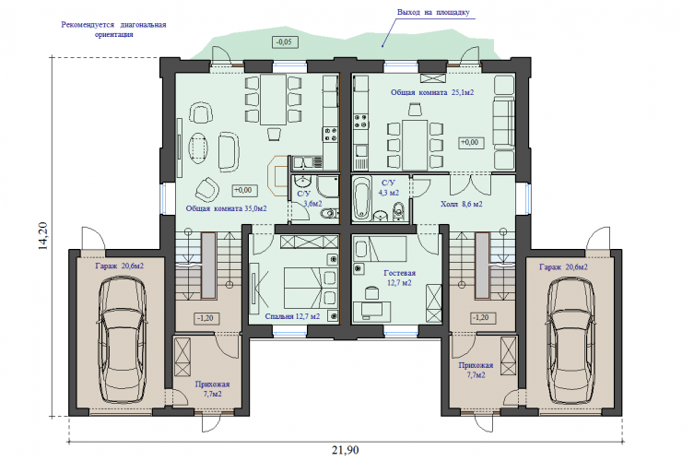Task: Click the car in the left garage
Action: point(122,338)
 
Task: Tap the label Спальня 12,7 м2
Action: point(292,316)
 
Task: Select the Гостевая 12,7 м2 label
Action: point(399,278)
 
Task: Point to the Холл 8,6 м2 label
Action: point(461,204)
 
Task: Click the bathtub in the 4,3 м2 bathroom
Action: point(361,198)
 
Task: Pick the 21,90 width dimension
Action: point(346,450)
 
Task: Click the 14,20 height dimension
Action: point(43,236)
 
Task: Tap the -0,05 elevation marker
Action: point(284,42)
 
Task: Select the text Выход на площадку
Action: point(433,12)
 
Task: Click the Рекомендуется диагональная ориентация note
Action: point(113,30)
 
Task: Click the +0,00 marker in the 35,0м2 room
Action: point(245,191)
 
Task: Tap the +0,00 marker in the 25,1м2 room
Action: point(471,143)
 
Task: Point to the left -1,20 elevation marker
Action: point(206,318)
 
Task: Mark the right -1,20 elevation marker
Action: point(483,317)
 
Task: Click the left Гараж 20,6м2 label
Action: point(120,266)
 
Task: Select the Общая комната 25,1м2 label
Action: point(432,92)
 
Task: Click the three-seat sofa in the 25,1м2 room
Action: point(504,123)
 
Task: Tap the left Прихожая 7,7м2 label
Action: point(213,389)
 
